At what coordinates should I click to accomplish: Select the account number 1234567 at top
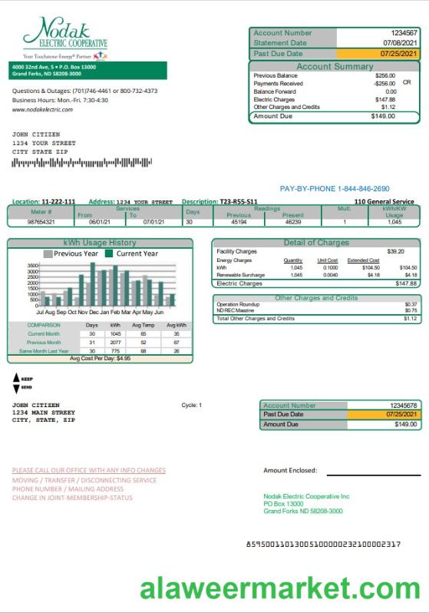coord(404,33)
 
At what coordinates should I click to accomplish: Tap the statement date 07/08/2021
coord(400,43)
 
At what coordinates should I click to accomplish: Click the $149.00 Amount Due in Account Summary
coord(383,117)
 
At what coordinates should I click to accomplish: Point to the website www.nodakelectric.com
coord(43,110)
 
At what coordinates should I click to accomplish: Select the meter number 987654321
coord(41,221)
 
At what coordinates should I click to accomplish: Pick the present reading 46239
coord(293,221)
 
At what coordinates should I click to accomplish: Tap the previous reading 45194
coord(239,221)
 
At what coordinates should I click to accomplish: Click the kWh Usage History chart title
coord(100,243)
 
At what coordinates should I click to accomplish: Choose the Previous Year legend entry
coord(74,253)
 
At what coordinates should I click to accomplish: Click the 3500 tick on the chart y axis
coord(32,265)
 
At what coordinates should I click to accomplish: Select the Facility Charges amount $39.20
coord(394,251)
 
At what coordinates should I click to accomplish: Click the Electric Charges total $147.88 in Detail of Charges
coord(406,283)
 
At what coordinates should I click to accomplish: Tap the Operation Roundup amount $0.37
coord(411,304)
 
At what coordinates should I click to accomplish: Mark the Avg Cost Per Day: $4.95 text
coord(100,358)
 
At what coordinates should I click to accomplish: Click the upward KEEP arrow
coord(17,378)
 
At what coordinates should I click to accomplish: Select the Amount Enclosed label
coord(290,470)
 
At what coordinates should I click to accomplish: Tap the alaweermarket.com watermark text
coord(279,589)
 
